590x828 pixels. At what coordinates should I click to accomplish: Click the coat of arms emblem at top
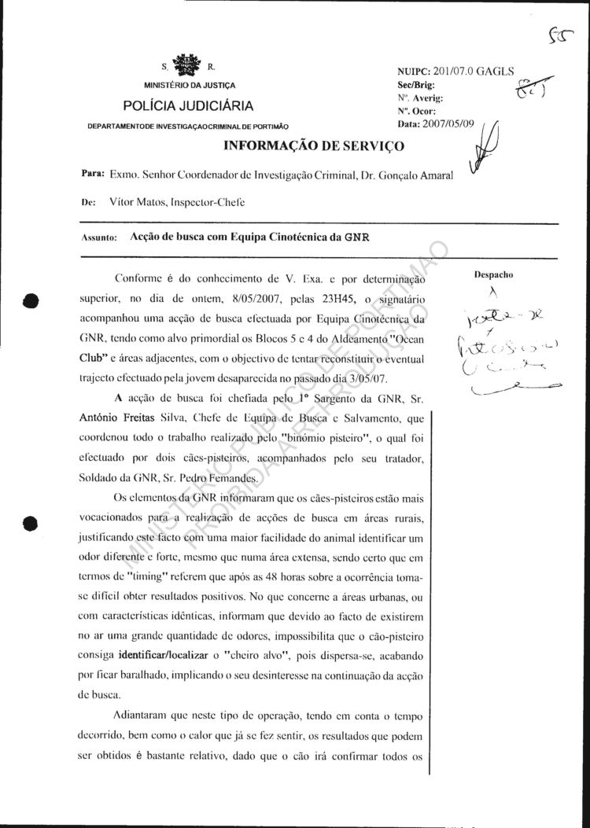(x=186, y=64)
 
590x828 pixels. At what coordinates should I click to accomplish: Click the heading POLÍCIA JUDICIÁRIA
(x=188, y=106)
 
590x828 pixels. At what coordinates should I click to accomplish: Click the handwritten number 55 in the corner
(x=562, y=33)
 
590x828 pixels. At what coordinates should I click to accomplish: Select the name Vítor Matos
(x=138, y=202)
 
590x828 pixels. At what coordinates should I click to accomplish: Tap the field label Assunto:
(x=99, y=237)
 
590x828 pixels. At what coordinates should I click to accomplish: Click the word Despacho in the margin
(x=493, y=276)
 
